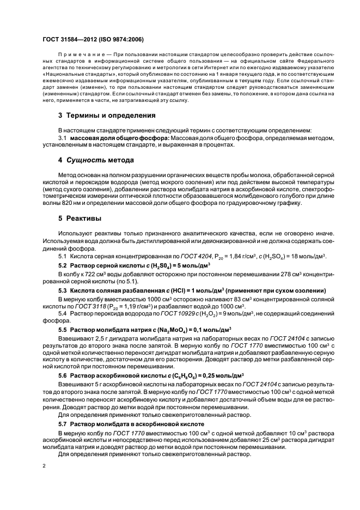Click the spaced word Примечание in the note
click(77, 56)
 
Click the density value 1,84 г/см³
click(217, 256)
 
